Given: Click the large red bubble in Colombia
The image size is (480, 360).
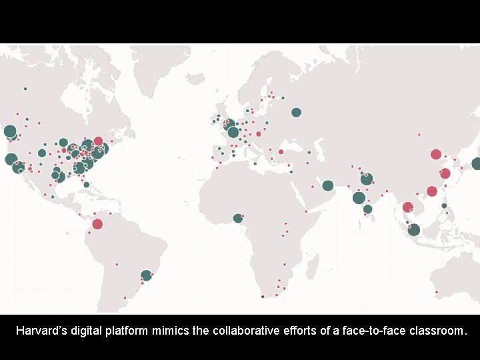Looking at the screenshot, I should [97, 224].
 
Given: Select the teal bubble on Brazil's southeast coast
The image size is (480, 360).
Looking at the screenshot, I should [146, 275].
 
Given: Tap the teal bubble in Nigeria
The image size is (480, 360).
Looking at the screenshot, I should [238, 218].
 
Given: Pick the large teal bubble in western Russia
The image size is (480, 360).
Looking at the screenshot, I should [296, 113].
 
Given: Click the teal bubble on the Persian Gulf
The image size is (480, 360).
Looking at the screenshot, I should [328, 185].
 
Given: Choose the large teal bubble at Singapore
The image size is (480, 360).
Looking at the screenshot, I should [414, 230].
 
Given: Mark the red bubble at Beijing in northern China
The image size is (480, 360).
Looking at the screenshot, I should [436, 154].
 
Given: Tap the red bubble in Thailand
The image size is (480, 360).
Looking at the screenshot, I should [407, 207].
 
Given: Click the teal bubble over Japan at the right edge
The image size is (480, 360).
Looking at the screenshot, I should [477, 164].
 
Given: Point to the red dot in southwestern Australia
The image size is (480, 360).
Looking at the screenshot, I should [436, 292].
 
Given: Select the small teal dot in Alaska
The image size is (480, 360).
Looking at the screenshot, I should [25, 89].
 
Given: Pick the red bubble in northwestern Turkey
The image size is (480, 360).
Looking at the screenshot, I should [281, 152].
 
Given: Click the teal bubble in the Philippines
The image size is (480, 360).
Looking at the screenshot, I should [444, 206].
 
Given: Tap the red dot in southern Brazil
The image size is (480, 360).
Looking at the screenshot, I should [125, 298].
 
